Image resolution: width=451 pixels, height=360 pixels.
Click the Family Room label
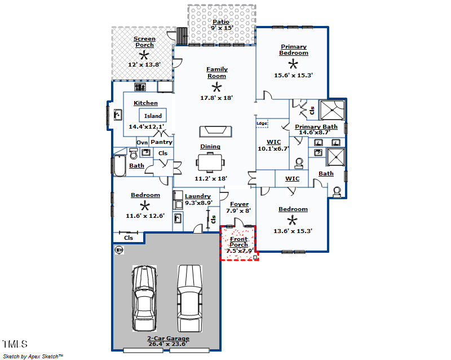(216, 72)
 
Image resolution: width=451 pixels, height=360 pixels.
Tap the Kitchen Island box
(153, 116)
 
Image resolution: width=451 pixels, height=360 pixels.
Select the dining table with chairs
(210, 163)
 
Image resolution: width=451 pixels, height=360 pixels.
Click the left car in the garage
(145, 300)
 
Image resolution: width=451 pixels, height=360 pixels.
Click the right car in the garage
(189, 298)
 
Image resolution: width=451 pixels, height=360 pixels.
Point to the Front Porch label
(238, 242)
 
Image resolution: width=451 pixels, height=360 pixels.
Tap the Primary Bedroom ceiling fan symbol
(293, 64)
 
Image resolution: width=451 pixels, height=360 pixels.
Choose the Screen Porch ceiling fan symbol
(144, 55)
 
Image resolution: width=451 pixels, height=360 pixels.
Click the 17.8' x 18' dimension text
(216, 98)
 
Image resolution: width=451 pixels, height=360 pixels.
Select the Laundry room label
(198, 196)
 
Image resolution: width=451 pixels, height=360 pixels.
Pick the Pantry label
(161, 142)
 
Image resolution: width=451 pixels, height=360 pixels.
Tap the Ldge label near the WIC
(262, 123)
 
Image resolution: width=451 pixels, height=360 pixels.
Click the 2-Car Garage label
(169, 339)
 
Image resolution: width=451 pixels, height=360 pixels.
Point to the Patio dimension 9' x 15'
(222, 28)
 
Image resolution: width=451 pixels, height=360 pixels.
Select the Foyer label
(239, 204)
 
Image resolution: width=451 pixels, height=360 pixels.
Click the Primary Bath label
(316, 127)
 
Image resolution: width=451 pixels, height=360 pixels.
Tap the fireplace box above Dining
(216, 131)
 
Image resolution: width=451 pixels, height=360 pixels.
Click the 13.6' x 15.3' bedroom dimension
(293, 230)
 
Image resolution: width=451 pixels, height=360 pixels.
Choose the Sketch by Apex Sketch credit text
(33, 356)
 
